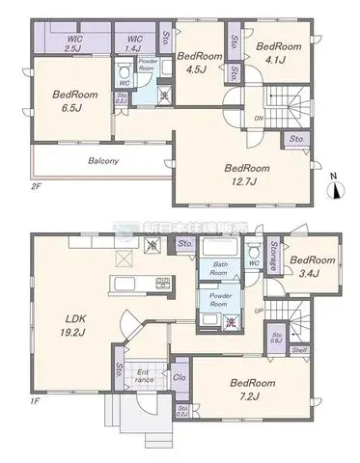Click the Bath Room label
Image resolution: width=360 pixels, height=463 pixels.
[218, 267]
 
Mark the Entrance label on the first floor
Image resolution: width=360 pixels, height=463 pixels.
[143, 376]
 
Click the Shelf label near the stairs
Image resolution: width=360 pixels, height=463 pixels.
[300, 351]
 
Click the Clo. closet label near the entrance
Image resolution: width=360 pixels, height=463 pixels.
[179, 378]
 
